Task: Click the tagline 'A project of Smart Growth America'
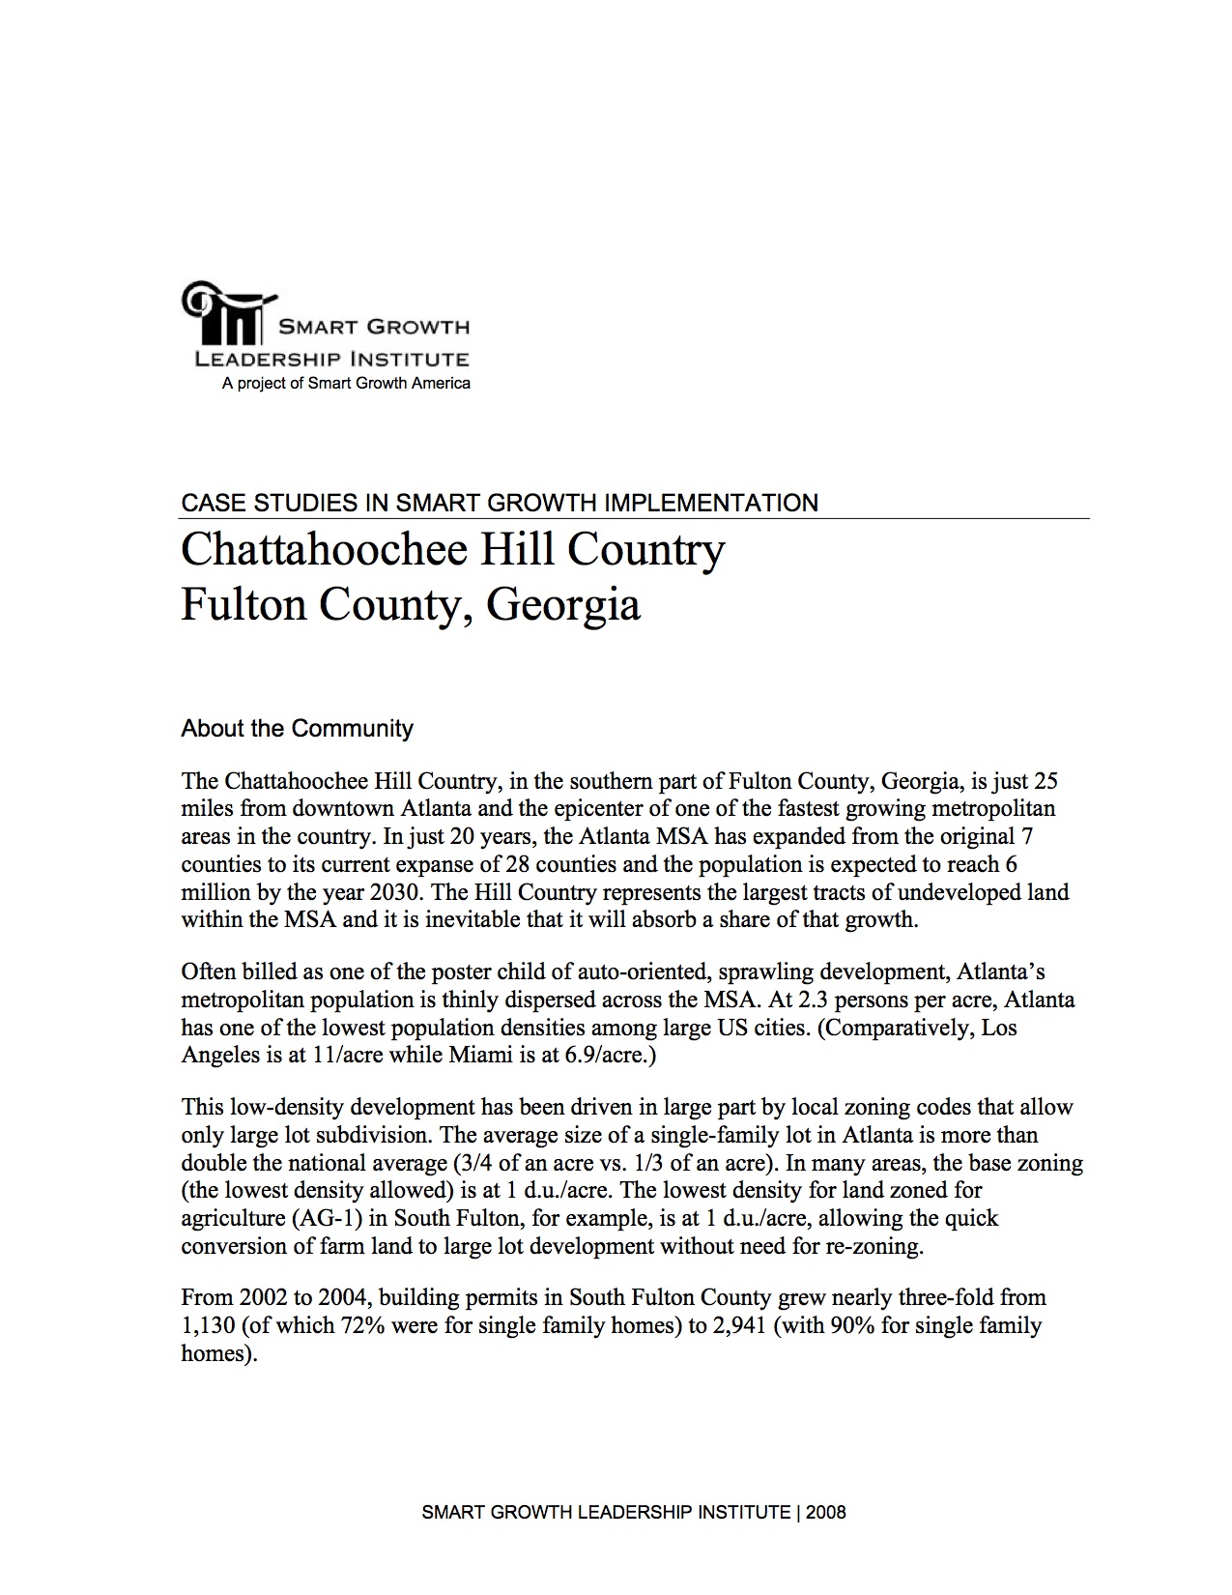346,384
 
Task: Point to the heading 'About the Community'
297,728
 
